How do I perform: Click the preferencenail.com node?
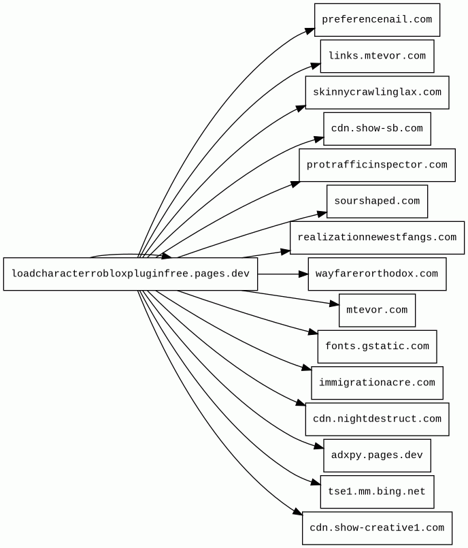[x=377, y=20]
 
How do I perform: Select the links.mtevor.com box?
[x=378, y=57]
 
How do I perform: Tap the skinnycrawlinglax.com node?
[x=378, y=93]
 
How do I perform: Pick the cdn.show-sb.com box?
[x=378, y=129]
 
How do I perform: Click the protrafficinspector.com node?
[x=378, y=165]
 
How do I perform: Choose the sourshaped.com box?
[x=378, y=202]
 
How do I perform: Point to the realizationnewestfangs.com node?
[x=378, y=238]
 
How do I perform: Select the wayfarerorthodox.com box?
[x=378, y=274]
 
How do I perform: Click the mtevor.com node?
[x=378, y=310]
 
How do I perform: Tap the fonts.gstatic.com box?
[x=378, y=346]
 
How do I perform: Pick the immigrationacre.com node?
[x=378, y=383]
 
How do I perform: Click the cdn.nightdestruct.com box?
[x=378, y=419]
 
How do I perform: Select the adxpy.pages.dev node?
[x=378, y=455]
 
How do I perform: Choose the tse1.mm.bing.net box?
[x=378, y=491]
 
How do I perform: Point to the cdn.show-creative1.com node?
[x=378, y=528]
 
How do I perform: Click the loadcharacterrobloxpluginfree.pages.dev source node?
[x=131, y=274]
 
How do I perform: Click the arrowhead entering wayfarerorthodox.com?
[x=304, y=274]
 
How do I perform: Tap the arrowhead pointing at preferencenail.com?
[x=310, y=31]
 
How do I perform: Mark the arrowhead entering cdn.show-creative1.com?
[x=298, y=512]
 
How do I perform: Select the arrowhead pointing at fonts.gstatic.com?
[x=313, y=332]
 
